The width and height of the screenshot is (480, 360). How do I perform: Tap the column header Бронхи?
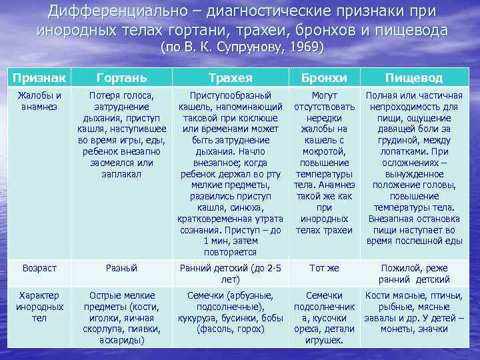click(x=324, y=78)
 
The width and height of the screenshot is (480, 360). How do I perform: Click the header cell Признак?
click(x=38, y=77)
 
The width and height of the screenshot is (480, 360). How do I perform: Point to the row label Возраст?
click(x=39, y=267)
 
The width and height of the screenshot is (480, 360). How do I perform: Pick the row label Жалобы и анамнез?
click(x=39, y=101)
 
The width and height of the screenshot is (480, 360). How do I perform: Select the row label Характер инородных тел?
click(x=39, y=307)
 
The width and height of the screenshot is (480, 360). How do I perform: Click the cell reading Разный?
click(x=121, y=267)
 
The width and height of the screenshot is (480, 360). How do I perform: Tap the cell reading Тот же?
click(x=324, y=267)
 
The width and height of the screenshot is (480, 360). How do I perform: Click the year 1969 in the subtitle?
click(x=303, y=48)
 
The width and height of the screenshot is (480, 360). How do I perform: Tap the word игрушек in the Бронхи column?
click(x=323, y=340)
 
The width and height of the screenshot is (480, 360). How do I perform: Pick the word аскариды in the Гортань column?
click(x=121, y=340)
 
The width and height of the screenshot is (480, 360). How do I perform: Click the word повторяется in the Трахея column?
click(x=230, y=252)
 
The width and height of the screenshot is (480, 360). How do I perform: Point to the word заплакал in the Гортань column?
click(x=121, y=173)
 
